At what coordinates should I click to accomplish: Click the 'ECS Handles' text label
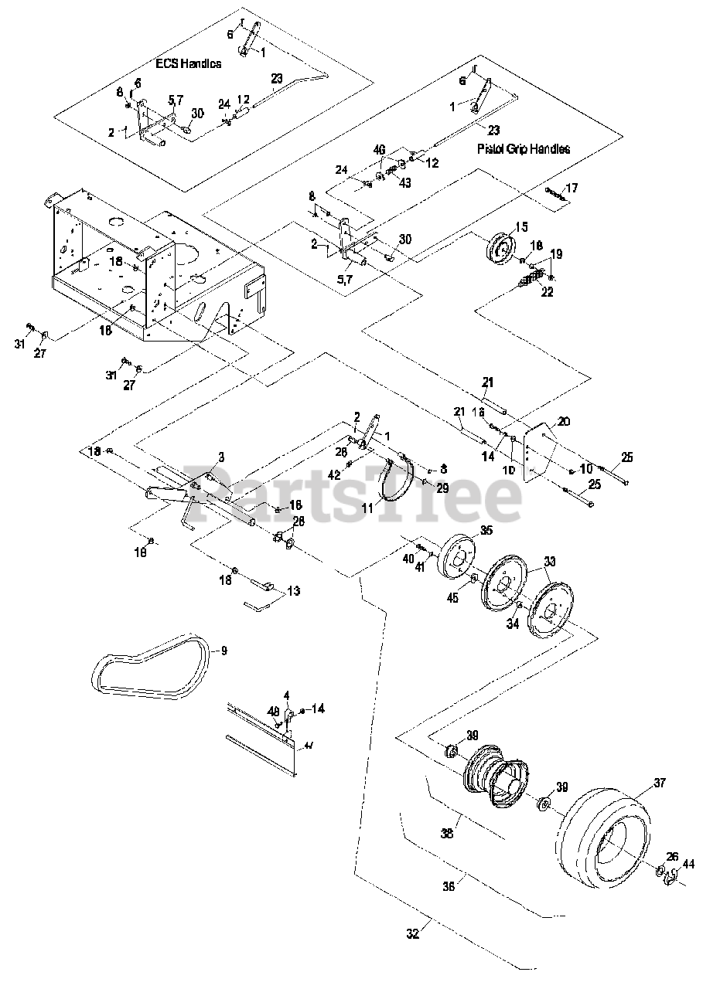tap(187, 63)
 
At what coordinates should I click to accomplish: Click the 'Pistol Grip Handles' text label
tap(524, 148)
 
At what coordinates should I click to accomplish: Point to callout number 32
tap(412, 933)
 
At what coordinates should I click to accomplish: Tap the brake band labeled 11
tap(398, 483)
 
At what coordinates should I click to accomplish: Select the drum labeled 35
tap(456, 556)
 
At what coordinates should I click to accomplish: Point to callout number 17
tap(572, 188)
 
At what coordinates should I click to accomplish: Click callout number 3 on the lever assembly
tap(220, 457)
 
